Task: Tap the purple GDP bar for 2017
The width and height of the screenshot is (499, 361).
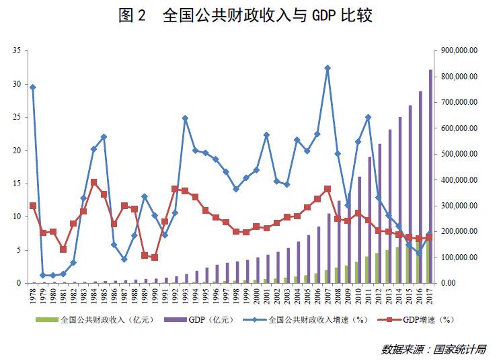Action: (430, 175)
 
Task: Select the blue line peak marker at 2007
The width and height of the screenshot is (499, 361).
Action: (328, 68)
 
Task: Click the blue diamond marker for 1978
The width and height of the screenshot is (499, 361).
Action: (33, 87)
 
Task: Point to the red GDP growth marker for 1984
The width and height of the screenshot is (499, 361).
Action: (94, 182)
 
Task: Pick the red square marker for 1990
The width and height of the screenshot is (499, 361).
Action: (155, 257)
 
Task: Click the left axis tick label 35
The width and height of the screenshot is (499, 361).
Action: (18, 50)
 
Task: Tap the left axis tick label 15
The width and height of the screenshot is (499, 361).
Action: (18, 183)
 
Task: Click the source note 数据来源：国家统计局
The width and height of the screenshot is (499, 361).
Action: (434, 349)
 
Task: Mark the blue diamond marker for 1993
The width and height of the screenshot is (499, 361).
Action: (185, 118)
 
